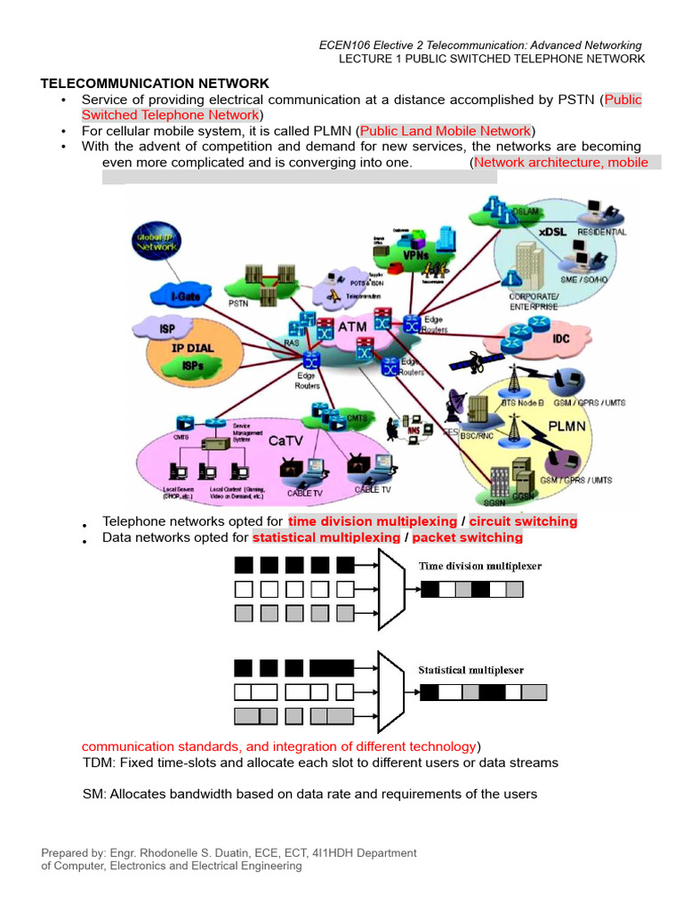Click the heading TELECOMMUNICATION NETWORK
coord(155,83)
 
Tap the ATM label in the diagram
coord(352,327)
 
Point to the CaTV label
coord(288,439)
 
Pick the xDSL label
coord(553,231)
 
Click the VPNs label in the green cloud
coord(416,255)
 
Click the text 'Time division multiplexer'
coord(480,566)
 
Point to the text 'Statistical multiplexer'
coord(471,670)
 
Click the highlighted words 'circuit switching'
coord(523,521)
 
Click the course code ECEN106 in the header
coord(347,45)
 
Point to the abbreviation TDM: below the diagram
coord(99,762)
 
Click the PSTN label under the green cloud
coord(238,303)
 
